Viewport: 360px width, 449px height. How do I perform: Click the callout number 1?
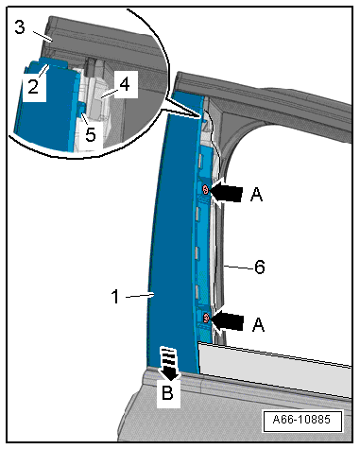point(116,297)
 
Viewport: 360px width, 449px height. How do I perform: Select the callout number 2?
point(33,86)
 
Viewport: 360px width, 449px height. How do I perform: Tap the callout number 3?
point(20,27)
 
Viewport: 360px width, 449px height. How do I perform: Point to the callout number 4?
point(125,84)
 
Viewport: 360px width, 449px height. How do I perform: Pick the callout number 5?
point(91,134)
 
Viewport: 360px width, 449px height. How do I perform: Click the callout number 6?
point(260,267)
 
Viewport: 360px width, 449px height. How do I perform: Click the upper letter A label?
point(256,194)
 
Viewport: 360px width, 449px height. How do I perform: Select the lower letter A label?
point(258,324)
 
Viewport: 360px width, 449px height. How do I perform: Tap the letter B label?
point(167,392)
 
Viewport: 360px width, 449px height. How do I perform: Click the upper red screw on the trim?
point(205,190)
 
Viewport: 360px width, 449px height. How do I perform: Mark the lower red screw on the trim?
point(206,318)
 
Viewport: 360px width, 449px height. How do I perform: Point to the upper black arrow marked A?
point(226,191)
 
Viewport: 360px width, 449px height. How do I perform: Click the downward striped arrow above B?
point(170,363)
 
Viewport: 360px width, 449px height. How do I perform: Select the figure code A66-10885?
point(301,420)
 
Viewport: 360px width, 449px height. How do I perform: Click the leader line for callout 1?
point(140,296)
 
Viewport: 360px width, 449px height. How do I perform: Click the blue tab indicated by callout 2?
point(54,61)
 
